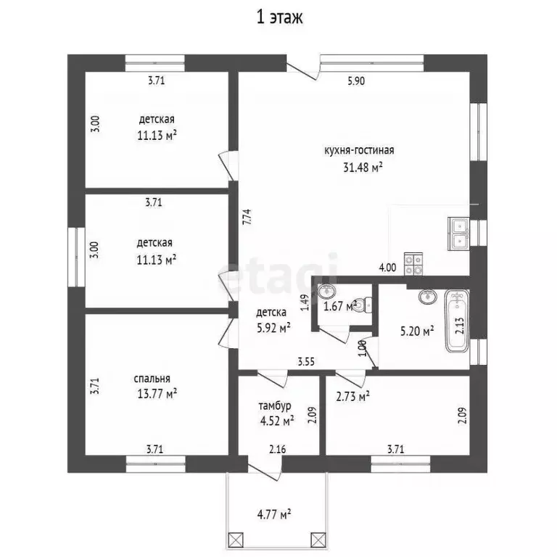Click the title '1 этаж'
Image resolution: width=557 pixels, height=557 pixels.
click(x=279, y=17)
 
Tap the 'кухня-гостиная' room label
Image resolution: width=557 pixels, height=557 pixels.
click(x=359, y=150)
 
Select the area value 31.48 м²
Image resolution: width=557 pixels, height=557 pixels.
click(x=363, y=167)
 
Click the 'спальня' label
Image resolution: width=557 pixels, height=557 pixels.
click(x=152, y=379)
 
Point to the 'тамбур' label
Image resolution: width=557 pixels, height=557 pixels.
click(x=275, y=405)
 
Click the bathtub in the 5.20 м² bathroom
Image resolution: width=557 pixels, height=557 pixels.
click(x=458, y=321)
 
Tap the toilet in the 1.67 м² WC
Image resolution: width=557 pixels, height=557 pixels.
click(x=363, y=305)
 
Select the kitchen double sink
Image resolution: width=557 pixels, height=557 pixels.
click(x=459, y=234)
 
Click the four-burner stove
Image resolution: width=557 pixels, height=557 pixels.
click(x=413, y=263)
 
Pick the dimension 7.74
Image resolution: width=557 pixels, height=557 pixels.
click(x=247, y=216)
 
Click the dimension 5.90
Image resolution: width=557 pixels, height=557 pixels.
click(x=356, y=81)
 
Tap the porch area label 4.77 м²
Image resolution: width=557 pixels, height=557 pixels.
click(x=274, y=514)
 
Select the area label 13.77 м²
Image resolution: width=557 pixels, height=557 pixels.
click(x=157, y=394)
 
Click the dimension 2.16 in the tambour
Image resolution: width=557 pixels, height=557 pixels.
click(x=278, y=450)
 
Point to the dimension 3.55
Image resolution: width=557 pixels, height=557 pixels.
click(x=306, y=362)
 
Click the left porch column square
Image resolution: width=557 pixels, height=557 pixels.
click(x=235, y=540)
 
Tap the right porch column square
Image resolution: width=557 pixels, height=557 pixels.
click(x=318, y=540)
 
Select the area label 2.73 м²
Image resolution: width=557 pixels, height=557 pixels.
click(x=352, y=396)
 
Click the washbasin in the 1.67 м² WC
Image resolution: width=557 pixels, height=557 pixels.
click(x=326, y=292)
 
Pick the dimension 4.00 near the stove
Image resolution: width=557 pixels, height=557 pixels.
click(x=387, y=268)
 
